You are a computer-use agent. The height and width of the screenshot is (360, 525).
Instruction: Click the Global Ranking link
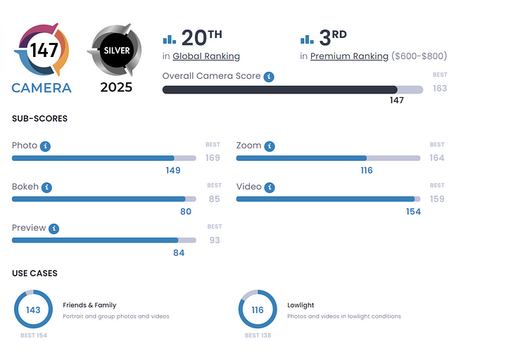[x=206, y=56]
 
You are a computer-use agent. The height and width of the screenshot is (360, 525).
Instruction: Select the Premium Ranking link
[x=349, y=56]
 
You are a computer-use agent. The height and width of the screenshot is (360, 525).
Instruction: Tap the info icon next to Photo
[x=46, y=146]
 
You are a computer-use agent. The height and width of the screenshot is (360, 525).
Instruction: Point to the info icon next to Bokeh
[x=46, y=188]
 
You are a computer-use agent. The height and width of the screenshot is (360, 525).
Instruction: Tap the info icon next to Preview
[x=54, y=229]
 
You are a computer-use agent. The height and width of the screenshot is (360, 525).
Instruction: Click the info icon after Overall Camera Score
[x=269, y=77]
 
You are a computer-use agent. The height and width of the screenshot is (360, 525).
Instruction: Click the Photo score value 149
[x=172, y=170]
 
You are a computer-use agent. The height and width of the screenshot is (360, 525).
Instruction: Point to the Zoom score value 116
[x=366, y=170]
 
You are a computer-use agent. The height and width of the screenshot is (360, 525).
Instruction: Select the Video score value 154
[x=413, y=212]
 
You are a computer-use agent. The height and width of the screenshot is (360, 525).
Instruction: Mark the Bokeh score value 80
[x=185, y=212]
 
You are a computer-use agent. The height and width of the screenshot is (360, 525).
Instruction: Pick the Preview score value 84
[x=179, y=252]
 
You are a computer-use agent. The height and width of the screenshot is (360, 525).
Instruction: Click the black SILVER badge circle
[x=117, y=51]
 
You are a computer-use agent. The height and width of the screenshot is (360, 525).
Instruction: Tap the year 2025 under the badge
[x=117, y=88]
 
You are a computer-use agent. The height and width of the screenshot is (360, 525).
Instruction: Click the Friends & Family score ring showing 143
[x=33, y=310]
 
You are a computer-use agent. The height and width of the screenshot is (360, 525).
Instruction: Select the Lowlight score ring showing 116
[x=258, y=310]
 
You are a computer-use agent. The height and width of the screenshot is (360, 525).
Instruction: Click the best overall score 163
[x=440, y=89]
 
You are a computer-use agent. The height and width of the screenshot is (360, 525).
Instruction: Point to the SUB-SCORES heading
[x=40, y=119]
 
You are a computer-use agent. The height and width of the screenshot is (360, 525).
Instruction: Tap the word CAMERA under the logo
[x=42, y=88]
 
